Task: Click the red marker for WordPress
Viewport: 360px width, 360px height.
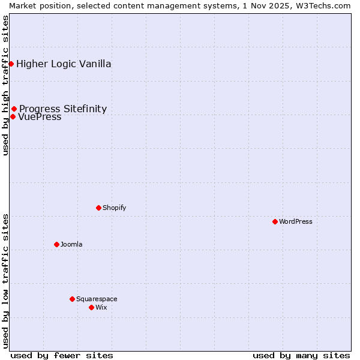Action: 275,221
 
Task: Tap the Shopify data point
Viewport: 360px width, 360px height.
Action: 98,208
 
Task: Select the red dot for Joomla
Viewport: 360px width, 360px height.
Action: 56,244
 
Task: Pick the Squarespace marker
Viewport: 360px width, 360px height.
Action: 72,299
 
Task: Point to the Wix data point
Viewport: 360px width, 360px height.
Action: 91,307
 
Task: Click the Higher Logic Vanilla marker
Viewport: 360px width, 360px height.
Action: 11,64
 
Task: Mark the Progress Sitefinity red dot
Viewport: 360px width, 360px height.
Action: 14,109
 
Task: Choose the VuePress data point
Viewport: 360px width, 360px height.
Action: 13,116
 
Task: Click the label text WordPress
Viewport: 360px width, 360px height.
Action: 296,221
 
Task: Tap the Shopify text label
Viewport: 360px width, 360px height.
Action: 114,208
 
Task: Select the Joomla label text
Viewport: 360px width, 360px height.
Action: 71,244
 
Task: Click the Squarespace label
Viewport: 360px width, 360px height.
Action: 97,299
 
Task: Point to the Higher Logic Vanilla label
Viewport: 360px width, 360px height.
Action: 64,64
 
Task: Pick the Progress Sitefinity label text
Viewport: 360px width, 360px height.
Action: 63,109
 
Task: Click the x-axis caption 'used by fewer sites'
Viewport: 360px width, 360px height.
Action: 62,355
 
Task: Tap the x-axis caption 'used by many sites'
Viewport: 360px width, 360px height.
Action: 301,355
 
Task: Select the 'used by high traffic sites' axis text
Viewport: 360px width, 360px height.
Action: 5,86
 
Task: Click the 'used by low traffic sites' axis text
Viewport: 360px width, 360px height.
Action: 5,280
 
